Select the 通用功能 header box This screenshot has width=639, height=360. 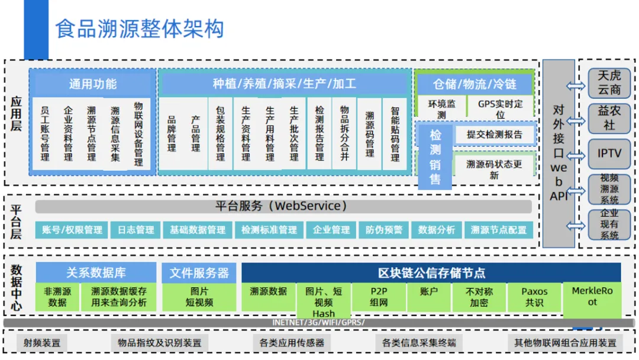click(x=93, y=83)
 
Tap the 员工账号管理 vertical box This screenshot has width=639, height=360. click(x=44, y=134)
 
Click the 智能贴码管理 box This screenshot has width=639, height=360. click(x=395, y=134)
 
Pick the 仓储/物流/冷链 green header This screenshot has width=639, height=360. click(x=474, y=83)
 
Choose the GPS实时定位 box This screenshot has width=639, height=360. click(x=500, y=109)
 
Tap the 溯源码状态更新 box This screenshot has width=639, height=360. click(x=494, y=169)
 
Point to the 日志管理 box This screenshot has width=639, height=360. click(x=135, y=230)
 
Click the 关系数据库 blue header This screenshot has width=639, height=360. click(x=96, y=273)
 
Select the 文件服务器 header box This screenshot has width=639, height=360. click(x=199, y=273)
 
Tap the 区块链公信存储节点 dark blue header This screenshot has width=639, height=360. click(x=431, y=273)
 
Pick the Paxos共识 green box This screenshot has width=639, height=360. click(x=534, y=297)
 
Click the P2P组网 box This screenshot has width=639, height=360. click(x=379, y=297)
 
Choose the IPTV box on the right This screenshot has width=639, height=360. click(x=609, y=154)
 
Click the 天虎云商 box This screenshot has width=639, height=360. click(x=609, y=83)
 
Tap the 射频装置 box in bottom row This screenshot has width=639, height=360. click(x=42, y=342)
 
